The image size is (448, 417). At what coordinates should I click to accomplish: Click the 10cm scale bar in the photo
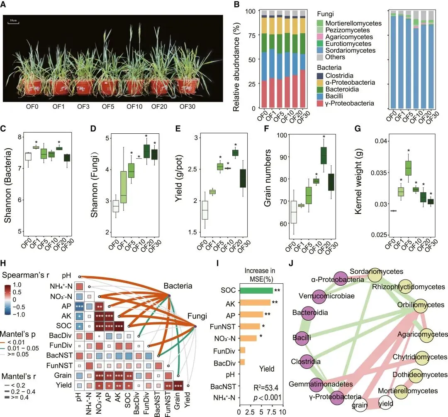13,22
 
